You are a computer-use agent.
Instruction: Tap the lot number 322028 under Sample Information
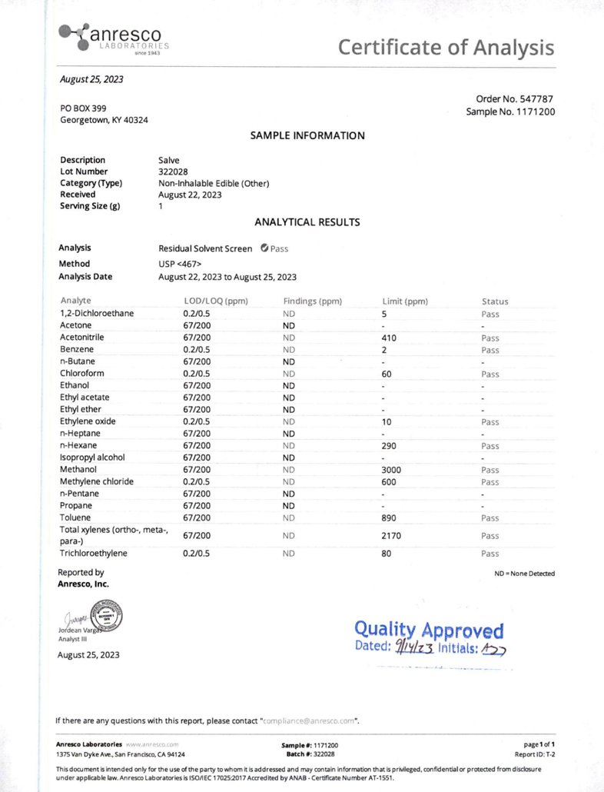[174, 171]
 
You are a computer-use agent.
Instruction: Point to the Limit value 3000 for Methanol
[392, 469]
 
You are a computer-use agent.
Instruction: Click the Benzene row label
[77, 349]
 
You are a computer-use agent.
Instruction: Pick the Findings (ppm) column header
[312, 301]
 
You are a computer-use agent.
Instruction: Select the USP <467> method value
[180, 264]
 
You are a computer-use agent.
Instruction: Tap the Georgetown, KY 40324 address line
[104, 121]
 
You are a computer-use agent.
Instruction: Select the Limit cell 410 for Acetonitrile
[390, 337]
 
